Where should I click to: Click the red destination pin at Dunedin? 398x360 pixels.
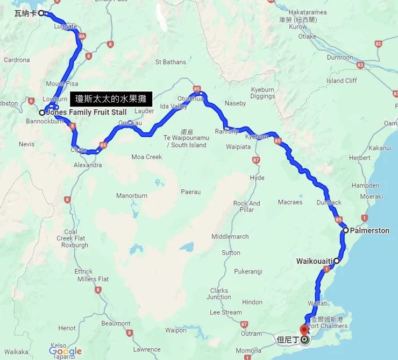tap(304, 329)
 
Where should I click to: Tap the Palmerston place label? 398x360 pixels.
tap(369, 230)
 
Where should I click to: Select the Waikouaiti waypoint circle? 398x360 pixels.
tap(337, 261)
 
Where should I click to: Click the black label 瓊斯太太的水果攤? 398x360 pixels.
tap(111, 98)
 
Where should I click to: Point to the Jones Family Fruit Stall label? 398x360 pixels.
tap(87, 112)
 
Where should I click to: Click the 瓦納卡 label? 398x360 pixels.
tap(25, 13)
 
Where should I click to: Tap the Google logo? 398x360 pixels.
tap(65, 351)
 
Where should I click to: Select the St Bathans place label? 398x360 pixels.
tap(170, 62)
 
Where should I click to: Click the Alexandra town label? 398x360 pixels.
tap(87, 165)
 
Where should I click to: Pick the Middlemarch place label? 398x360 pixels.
tap(230, 236)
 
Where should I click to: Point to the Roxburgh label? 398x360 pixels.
tap(75, 245)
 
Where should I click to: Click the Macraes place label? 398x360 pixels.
tap(290, 202)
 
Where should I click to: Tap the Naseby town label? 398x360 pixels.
tap(235, 103)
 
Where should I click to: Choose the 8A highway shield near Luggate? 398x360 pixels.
tap(82, 37)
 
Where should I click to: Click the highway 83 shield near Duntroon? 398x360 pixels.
tap(360, 65)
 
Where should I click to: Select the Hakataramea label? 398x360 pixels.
tap(308, 11)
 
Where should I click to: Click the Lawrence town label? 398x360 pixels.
tap(147, 349)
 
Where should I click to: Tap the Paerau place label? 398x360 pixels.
tap(190, 192)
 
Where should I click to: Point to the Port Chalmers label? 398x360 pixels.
tap(328, 326)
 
